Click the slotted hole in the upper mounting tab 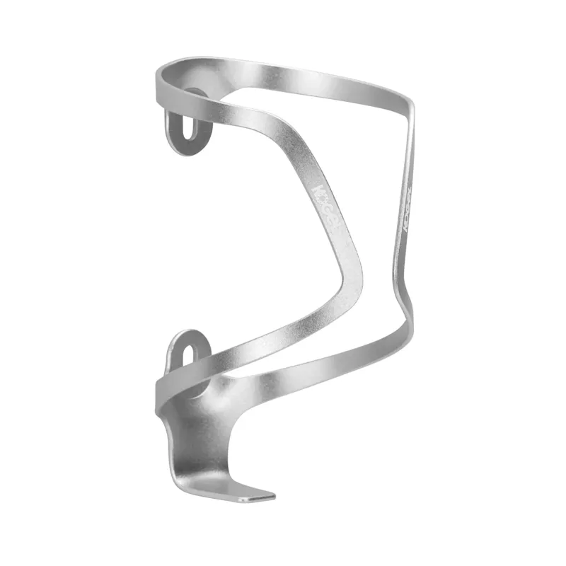point(186,130)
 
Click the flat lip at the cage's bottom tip point(255,495)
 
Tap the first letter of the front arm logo point(320,191)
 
